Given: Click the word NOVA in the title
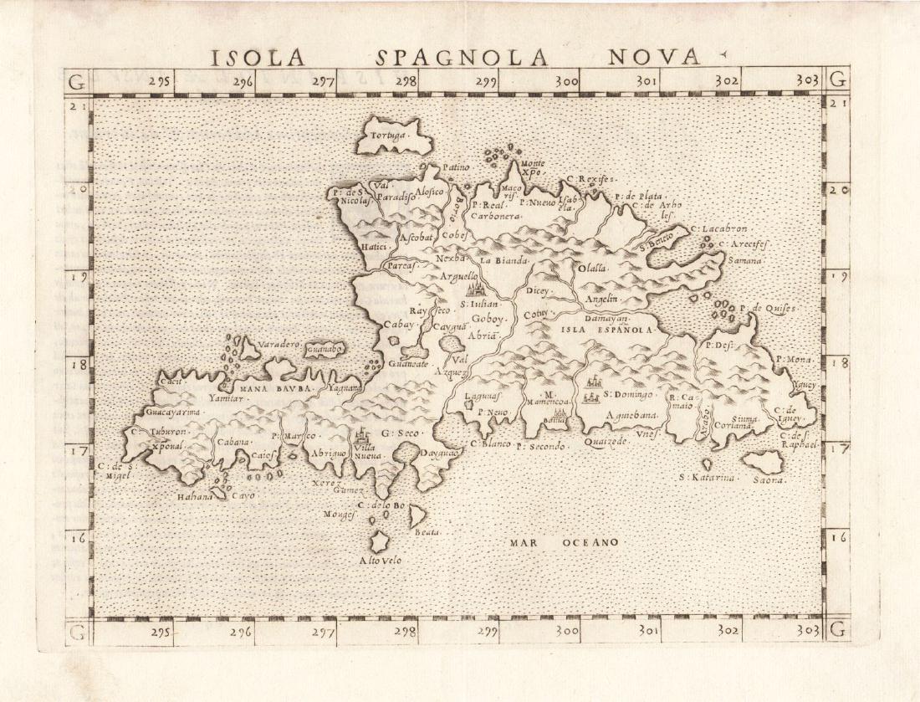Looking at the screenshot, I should point(653,57).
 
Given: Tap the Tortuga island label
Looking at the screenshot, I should point(391,135).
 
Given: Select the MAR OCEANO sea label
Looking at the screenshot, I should point(564,542).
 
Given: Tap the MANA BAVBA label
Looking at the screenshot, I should point(275,388).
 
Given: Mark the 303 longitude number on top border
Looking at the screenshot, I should point(806,80).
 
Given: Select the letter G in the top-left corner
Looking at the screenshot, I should point(77,81).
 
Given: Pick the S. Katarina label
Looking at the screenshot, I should point(706,478).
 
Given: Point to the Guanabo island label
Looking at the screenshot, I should point(325,349).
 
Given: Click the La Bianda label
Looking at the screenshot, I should point(505,260).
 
